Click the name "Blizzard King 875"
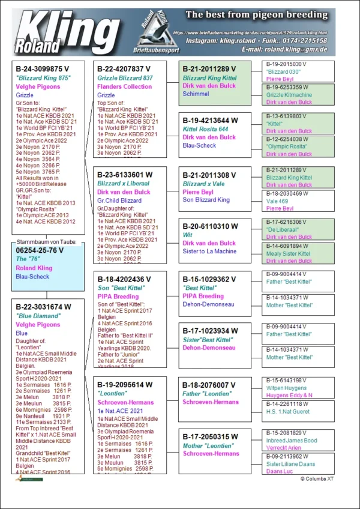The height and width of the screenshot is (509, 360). click(43, 77)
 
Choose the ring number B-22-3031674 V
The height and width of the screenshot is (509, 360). click(43, 307)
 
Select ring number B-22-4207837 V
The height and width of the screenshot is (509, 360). click(125, 69)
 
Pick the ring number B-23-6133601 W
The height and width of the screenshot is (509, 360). click(125, 175)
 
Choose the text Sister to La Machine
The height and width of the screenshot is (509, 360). click(209, 251)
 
